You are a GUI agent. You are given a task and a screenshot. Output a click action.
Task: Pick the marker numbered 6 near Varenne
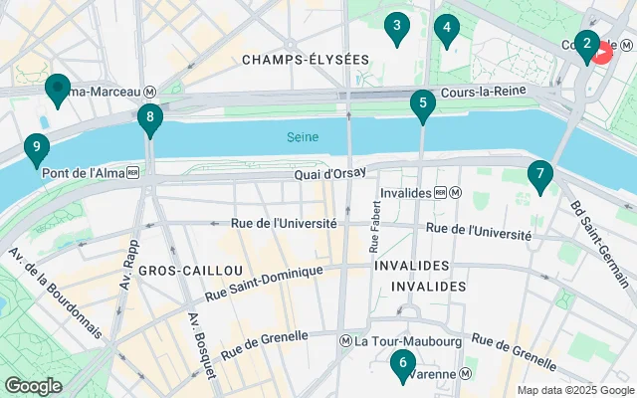402,365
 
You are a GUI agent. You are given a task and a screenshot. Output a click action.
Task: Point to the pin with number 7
539,176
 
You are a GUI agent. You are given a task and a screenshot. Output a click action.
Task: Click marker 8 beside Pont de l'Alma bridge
149,120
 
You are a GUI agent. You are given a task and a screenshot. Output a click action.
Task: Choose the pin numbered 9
37,150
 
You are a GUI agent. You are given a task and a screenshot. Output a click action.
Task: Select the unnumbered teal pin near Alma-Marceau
57,91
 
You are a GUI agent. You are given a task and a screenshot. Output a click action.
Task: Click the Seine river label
303,136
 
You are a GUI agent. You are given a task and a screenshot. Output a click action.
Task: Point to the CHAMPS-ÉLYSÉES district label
305,60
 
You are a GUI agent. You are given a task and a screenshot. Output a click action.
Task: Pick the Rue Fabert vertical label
376,227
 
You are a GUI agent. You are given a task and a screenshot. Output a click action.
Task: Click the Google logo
33,385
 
